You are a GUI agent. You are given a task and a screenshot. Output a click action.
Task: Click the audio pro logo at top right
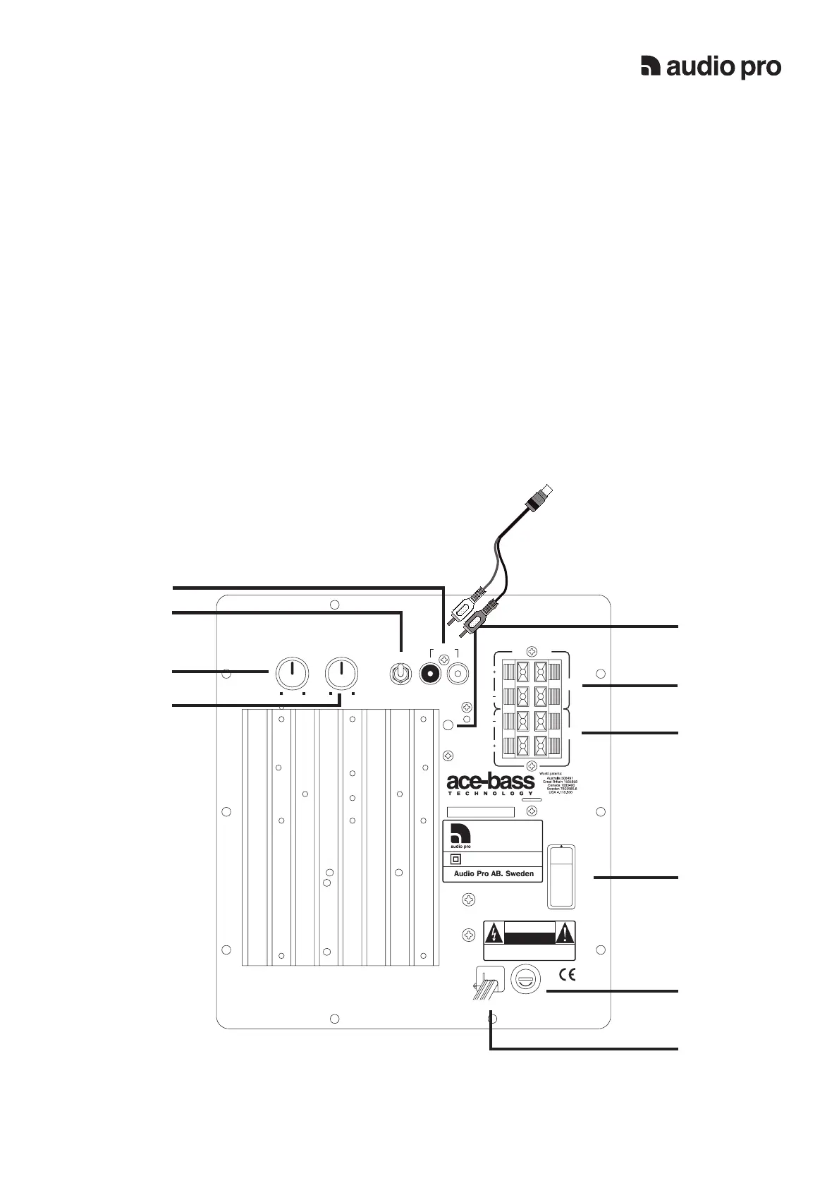711,66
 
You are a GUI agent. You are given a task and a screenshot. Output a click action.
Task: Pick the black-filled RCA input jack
429,674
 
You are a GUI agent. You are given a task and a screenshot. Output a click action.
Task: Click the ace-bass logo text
491,782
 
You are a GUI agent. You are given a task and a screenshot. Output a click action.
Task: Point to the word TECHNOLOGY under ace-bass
491,794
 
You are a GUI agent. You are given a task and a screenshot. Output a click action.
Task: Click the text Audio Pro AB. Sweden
493,873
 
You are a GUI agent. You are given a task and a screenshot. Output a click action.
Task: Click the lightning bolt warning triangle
495,934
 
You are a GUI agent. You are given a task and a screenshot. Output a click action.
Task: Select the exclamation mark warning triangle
565,934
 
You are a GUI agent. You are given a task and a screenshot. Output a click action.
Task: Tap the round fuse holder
525,979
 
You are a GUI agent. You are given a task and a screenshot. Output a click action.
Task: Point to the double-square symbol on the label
455,859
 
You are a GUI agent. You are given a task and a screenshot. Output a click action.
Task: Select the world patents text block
561,783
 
